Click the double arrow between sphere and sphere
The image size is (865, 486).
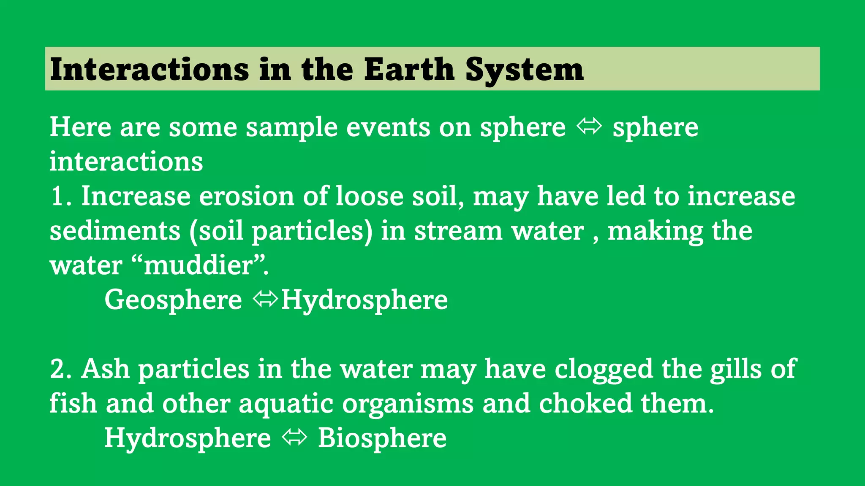coord(589,127)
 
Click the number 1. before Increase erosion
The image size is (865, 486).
coord(61,197)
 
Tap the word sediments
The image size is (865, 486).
coord(115,231)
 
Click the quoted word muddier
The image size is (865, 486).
coord(198,266)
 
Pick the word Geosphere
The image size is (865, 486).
coord(173,300)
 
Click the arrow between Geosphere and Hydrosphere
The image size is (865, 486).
coord(265,299)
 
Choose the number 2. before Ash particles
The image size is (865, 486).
coord(61,369)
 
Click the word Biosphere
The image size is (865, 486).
coord(382,438)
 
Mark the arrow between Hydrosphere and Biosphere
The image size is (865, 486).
coord(294,437)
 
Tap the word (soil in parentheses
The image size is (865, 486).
coord(216,231)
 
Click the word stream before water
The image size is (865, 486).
coord(458,231)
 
